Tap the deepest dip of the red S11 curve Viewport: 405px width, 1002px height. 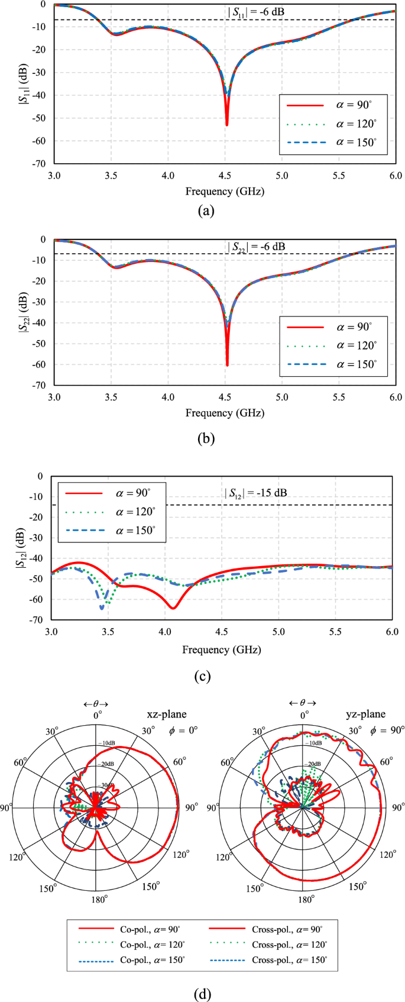[226, 124]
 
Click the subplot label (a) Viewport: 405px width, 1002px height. [205, 211]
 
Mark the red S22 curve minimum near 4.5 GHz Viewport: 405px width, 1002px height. [227, 364]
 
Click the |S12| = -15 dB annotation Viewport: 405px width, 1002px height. [255, 493]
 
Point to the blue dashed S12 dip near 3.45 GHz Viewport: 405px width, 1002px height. [102, 607]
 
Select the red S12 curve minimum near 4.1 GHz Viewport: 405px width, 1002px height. [173, 607]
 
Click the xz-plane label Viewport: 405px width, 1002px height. [166, 714]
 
